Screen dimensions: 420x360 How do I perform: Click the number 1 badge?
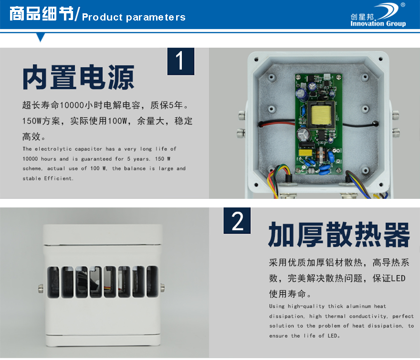tap(181, 62)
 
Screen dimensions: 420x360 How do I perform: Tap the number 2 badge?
tap(237, 221)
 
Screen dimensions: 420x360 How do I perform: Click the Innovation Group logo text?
tap(378, 23)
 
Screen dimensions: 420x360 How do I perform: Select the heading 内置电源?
tap(78, 77)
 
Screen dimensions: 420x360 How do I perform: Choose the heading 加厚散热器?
tap(339, 235)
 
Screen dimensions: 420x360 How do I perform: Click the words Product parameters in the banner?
tap(134, 17)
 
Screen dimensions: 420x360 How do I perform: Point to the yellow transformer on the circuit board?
tap(320, 114)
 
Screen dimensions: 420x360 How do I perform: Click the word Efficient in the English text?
tap(59, 178)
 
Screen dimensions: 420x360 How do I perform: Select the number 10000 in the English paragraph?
tap(30, 159)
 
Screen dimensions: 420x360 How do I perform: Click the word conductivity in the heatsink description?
tap(368, 317)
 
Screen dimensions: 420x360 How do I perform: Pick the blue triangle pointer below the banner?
tap(41, 37)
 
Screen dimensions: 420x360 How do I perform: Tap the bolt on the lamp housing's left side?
tap(41, 288)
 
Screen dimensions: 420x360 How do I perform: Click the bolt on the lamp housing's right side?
tap(162, 288)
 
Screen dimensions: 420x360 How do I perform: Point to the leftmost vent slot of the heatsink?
tap(53, 282)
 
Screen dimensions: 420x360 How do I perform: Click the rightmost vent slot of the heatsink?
tap(152, 281)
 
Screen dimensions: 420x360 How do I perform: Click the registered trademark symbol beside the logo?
tap(403, 5)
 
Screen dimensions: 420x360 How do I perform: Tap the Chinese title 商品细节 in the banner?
tap(42, 13)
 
